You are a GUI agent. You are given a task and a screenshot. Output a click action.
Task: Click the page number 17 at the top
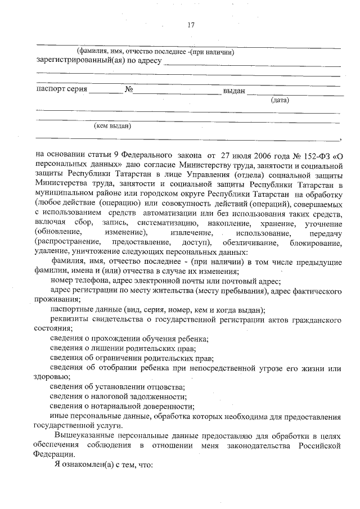pyautogui.click(x=191, y=25)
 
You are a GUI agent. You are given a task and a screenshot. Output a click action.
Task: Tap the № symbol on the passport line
pyautogui.click(x=128, y=90)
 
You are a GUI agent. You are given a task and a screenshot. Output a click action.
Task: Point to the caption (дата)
pyautogui.click(x=280, y=101)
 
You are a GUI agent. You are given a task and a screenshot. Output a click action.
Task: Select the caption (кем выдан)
pyautogui.click(x=112, y=127)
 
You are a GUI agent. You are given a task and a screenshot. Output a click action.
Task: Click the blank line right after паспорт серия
pyautogui.click(x=105, y=91)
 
